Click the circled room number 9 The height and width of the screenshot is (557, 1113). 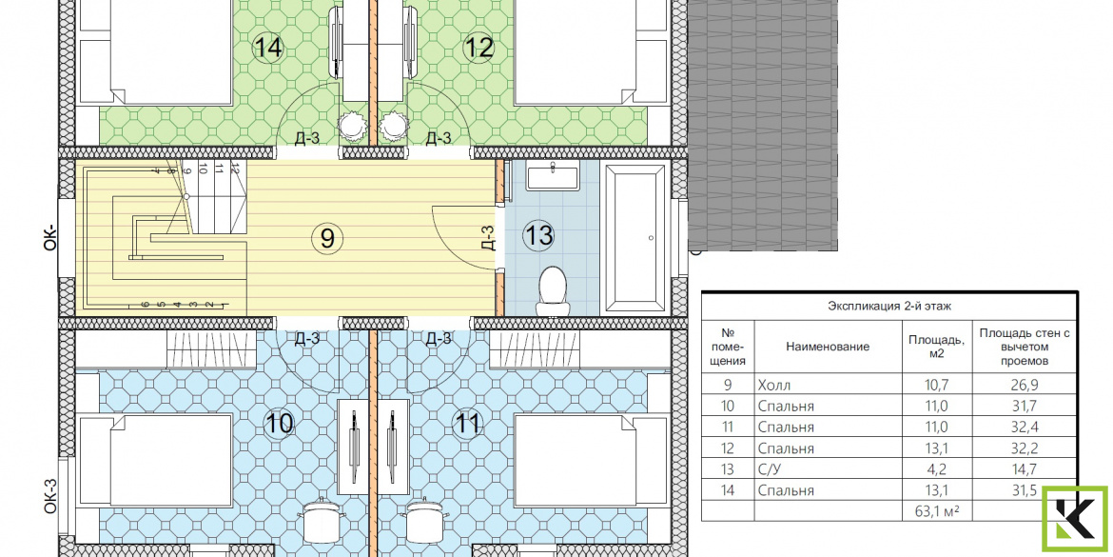coord(326,236)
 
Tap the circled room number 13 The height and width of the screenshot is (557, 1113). coord(538,234)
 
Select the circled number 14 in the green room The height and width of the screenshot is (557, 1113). coord(268,49)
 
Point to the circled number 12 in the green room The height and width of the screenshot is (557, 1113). coord(478,49)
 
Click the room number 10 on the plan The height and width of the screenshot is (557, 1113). coord(279,424)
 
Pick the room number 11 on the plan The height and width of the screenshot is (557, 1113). coord(467,424)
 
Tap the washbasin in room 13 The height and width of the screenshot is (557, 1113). coord(554,175)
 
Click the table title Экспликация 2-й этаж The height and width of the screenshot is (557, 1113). coord(888,307)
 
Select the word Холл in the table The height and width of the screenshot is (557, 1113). coord(773,386)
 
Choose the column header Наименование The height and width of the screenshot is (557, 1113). coord(828,347)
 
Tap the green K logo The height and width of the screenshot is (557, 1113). coord(1074,519)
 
